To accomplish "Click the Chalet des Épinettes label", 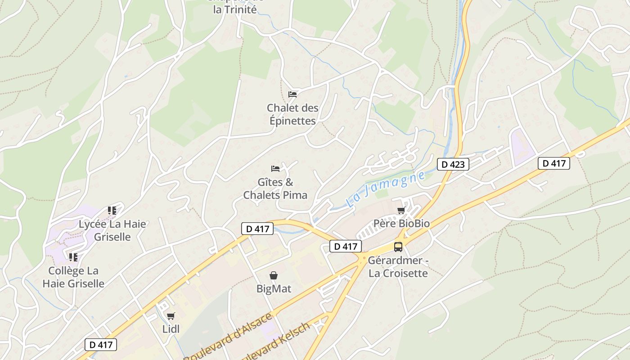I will click(x=292, y=114).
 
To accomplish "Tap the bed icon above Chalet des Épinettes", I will click(x=292, y=94).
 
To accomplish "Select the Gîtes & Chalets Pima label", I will click(x=275, y=189).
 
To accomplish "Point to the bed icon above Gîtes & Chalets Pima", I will click(x=275, y=169).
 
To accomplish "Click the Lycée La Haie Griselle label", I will click(x=112, y=230).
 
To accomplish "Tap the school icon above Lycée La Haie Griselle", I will click(x=112, y=210).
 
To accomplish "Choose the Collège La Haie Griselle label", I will click(x=73, y=277).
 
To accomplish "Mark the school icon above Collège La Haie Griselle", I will click(x=73, y=257).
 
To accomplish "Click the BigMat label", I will click(x=274, y=289).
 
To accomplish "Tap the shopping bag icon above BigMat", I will click(x=274, y=275).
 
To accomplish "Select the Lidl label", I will click(x=171, y=329).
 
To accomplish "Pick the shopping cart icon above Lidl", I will click(x=171, y=316).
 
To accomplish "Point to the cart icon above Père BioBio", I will click(x=401, y=210).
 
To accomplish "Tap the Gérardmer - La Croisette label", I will click(x=398, y=267).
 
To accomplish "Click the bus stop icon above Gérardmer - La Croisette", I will click(x=398, y=247).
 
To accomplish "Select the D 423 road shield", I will click(x=453, y=164).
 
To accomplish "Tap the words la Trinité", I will click(x=235, y=9).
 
